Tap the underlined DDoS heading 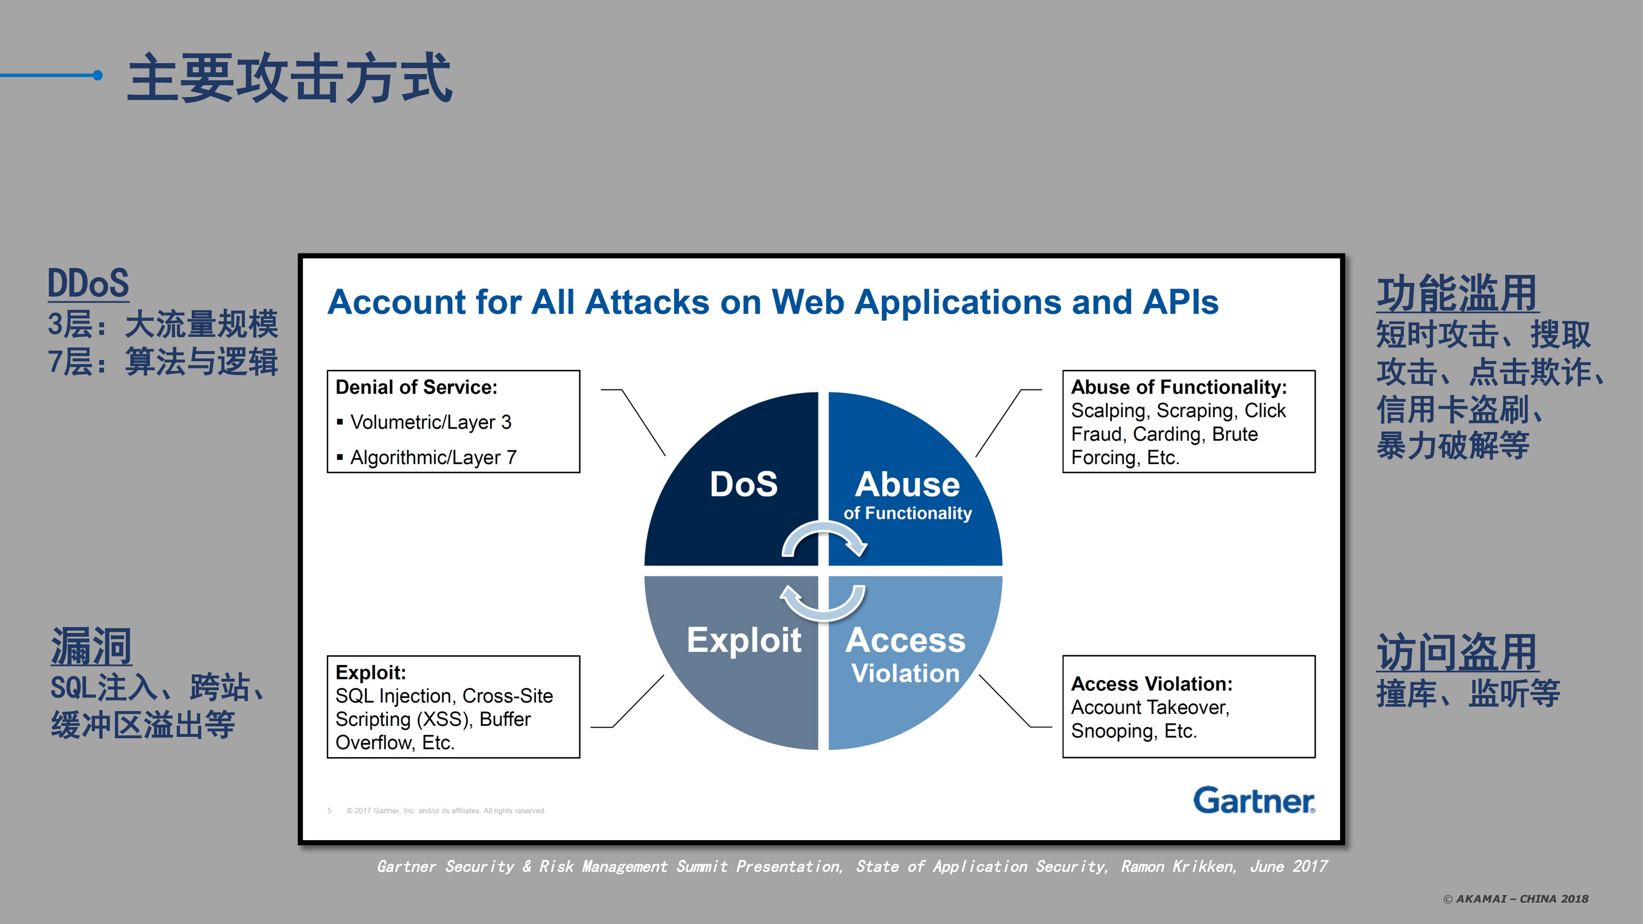click(88, 283)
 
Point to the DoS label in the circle click(744, 484)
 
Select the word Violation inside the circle click(905, 673)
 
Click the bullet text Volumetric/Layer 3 click(431, 422)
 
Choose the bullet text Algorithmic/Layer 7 click(433, 457)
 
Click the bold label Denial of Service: click(416, 387)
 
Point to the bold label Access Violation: click(1151, 683)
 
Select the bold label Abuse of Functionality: click(1179, 387)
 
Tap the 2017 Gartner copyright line click(446, 811)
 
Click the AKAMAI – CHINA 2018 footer click(1515, 898)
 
